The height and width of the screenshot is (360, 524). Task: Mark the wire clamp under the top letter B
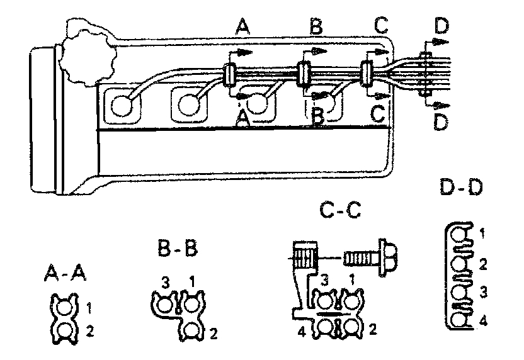[304, 73]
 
